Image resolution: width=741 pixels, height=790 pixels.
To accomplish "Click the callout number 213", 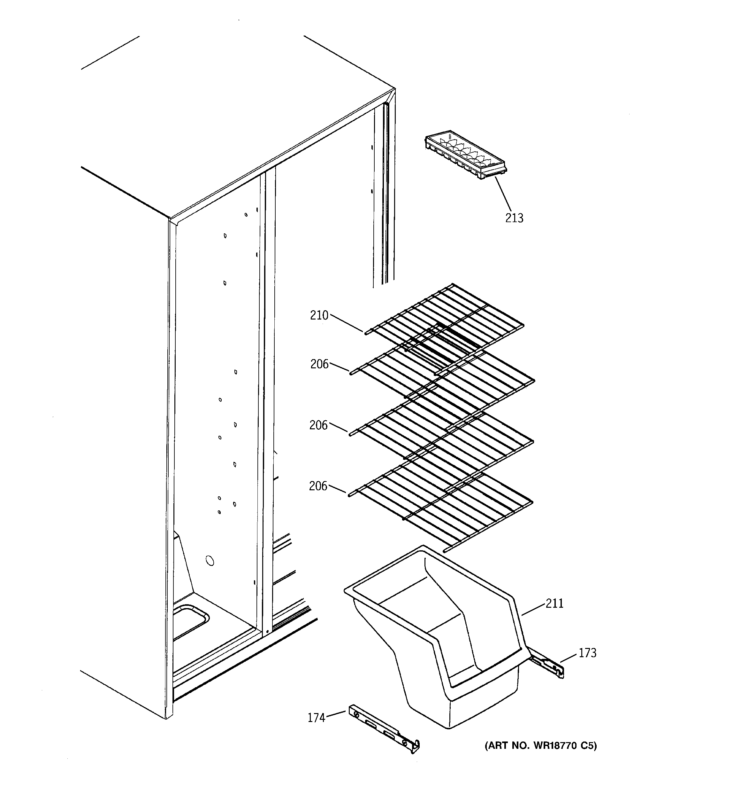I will point(514,218).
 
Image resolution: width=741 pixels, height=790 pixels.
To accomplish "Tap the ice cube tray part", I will point(465,155).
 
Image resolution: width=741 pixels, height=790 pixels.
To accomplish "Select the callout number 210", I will point(319,316).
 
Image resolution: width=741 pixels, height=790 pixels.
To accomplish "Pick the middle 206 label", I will point(318,425).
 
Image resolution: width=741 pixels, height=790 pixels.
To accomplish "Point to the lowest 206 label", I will point(318,486).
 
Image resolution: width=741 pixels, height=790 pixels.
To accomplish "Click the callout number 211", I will point(554,603).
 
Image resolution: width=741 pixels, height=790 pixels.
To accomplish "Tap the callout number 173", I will point(587,653).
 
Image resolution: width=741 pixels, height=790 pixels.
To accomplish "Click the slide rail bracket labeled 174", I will point(384,730).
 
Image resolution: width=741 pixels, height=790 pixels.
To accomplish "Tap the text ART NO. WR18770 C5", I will point(540,746).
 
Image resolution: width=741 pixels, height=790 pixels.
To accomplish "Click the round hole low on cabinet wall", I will point(210,561).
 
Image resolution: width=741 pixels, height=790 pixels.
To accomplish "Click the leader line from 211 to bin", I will point(533,609).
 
